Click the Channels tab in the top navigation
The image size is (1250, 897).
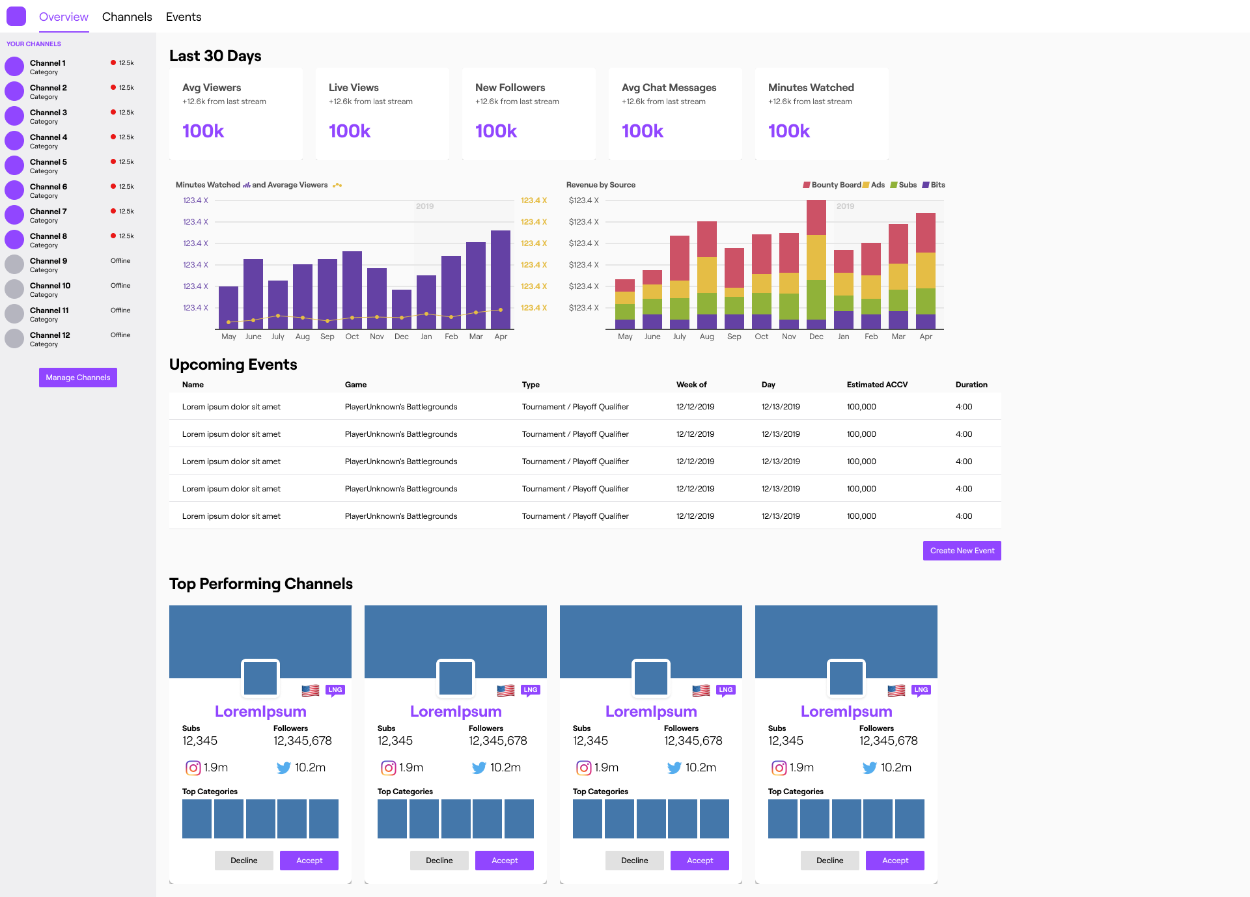127,17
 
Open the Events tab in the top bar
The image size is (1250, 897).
184,17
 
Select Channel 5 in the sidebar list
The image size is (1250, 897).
48,162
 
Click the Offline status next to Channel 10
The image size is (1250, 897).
120,286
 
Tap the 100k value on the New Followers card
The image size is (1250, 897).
496,131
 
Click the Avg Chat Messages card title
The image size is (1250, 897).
669,88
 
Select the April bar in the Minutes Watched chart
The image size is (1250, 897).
501,280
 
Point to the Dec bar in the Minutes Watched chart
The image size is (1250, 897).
402,309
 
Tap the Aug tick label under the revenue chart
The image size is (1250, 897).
707,337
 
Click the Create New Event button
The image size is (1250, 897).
962,551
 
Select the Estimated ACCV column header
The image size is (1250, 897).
877,385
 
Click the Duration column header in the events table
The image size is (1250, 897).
971,385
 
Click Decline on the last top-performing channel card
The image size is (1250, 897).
829,861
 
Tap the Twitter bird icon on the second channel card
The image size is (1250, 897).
479,768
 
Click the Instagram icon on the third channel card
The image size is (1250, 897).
584,768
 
